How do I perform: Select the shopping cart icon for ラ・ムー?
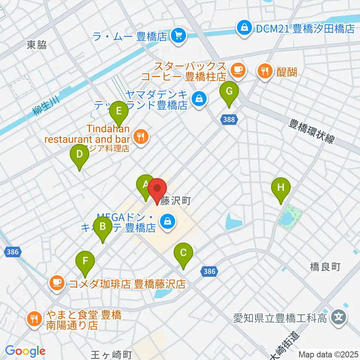click(x=176, y=36)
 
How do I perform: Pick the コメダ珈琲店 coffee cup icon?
click(x=57, y=283)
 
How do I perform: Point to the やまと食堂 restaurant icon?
click(x=34, y=319)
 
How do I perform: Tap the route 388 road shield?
click(x=229, y=120)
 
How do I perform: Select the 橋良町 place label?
click(x=325, y=267)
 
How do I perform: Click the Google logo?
click(x=25, y=351)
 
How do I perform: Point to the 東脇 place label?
click(x=37, y=45)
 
